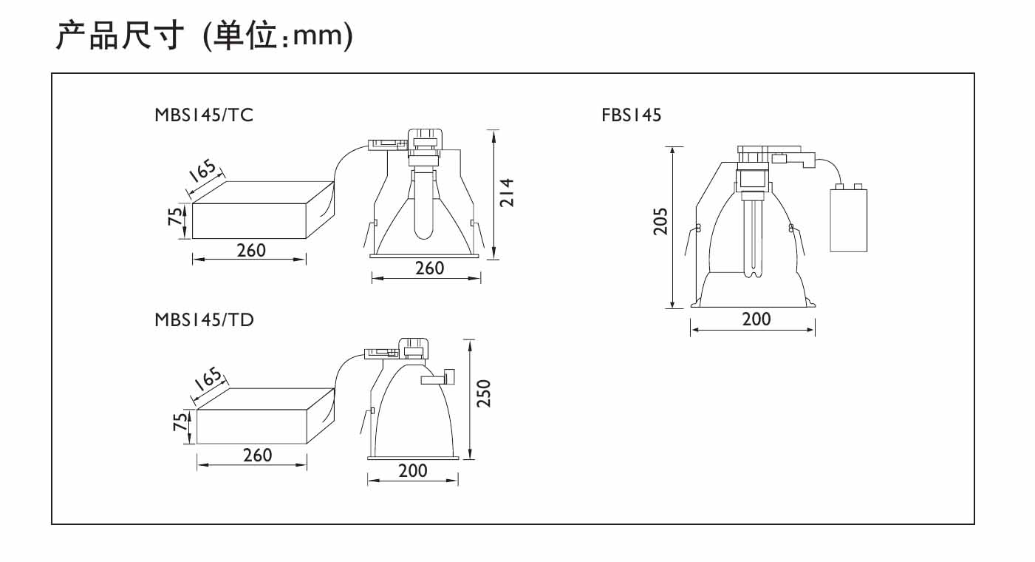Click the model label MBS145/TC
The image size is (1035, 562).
click(204, 115)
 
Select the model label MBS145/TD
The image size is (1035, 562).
click(204, 320)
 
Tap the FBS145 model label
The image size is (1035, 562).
click(631, 115)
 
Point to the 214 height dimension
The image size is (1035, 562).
click(507, 192)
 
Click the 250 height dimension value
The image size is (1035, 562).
click(484, 393)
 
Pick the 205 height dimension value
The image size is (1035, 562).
click(660, 221)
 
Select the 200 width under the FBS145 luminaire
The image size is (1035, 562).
click(756, 319)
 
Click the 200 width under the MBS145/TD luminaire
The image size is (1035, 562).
click(413, 471)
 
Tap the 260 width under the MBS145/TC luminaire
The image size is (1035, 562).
click(429, 268)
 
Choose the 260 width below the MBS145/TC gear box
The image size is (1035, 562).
click(251, 251)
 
